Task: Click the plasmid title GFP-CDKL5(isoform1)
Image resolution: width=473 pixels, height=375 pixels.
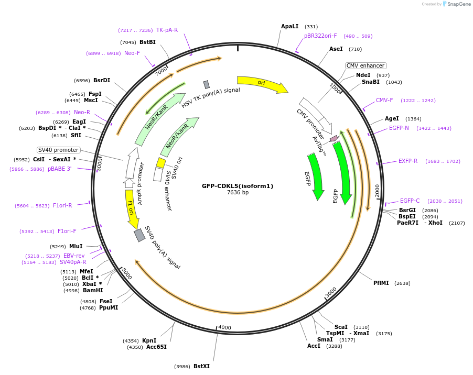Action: [x=238, y=186]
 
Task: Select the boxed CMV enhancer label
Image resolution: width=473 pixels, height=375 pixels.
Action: [x=365, y=65]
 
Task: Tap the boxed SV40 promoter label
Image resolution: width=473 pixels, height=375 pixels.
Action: [x=58, y=150]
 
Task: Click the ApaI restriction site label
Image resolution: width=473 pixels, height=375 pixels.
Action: [x=289, y=26]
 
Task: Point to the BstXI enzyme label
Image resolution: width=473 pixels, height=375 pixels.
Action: [x=201, y=366]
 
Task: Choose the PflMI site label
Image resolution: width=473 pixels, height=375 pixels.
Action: [x=381, y=283]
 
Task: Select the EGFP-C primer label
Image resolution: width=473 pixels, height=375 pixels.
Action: [x=410, y=201]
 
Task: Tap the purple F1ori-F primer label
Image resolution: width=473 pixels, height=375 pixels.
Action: [x=67, y=231]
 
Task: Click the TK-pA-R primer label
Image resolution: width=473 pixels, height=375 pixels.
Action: [x=167, y=30]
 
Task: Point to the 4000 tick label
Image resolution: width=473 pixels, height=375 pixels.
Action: [x=224, y=328]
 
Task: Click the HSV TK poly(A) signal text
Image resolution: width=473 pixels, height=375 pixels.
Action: [x=211, y=97]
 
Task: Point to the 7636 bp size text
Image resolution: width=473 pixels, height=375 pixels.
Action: [x=238, y=193]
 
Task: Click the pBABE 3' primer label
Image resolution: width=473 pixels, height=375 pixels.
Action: [x=60, y=169]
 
